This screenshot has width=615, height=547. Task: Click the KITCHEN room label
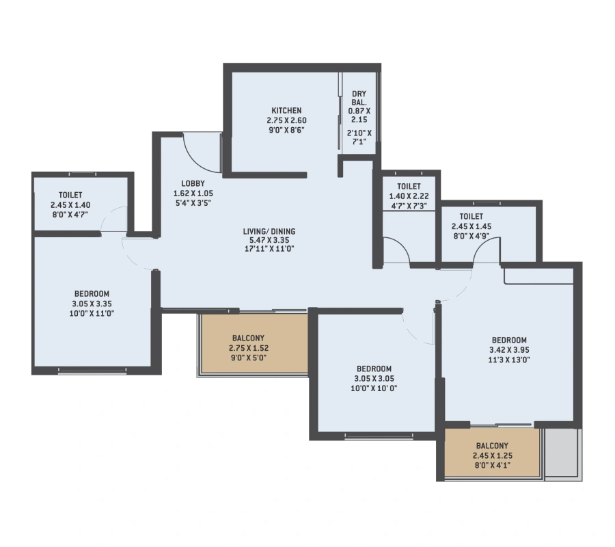(287, 111)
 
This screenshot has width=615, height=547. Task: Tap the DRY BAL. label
(359, 98)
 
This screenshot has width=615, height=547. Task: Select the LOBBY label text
(193, 183)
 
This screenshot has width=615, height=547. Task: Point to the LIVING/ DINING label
(269, 232)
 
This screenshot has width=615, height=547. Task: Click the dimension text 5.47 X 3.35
(269, 240)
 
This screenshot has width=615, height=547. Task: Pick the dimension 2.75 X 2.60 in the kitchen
(287, 120)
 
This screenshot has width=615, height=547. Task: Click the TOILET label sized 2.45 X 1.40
(70, 195)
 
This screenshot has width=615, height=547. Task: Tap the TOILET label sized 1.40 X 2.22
(409, 187)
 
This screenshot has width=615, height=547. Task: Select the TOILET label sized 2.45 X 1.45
(471, 217)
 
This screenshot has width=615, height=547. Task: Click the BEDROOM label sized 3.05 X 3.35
(92, 294)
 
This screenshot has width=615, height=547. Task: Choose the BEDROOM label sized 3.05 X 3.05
(374, 369)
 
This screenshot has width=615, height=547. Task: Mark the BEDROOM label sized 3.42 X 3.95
(509, 341)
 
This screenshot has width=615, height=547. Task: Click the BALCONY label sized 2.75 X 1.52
(248, 338)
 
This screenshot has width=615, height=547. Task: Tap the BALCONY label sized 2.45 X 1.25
(492, 446)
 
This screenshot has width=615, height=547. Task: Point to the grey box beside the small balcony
(562, 453)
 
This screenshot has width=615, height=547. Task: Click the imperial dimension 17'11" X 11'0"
(269, 249)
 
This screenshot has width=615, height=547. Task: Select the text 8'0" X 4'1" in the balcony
(493, 466)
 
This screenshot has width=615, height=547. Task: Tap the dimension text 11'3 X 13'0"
(509, 360)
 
